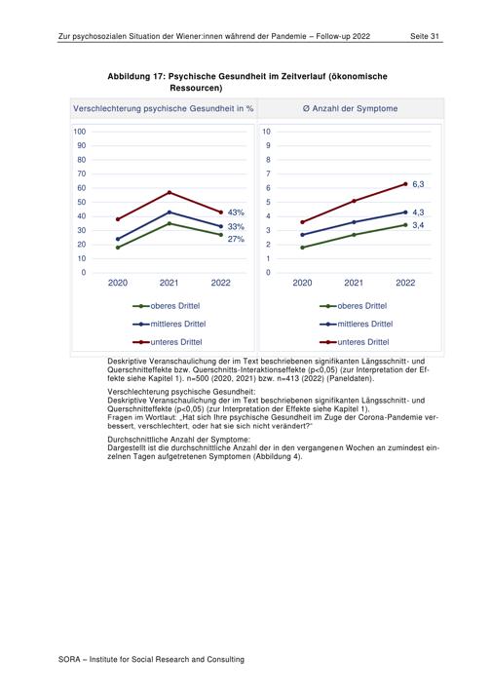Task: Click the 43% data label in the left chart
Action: (236, 212)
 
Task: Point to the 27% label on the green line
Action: (236, 239)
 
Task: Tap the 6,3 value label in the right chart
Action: (418, 184)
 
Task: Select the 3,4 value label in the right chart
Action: (418, 225)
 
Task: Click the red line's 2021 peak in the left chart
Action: (169, 192)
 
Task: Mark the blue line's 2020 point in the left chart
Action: (118, 239)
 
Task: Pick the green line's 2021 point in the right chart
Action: (354, 235)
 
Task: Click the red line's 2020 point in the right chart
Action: (303, 222)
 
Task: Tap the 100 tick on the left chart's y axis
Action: (80, 132)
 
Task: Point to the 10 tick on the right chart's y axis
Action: (266, 132)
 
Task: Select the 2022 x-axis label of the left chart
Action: (221, 283)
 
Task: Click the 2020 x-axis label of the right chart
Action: (303, 283)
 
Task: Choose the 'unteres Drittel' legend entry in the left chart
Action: (168, 342)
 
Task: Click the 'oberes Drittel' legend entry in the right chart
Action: (353, 306)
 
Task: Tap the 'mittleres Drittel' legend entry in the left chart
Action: (169, 324)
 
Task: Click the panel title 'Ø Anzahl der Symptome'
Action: (350, 108)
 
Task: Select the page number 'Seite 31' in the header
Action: (425, 36)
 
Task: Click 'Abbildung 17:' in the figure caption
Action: (136, 77)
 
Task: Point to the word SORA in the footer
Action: (69, 660)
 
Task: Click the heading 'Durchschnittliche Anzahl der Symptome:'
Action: (178, 440)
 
